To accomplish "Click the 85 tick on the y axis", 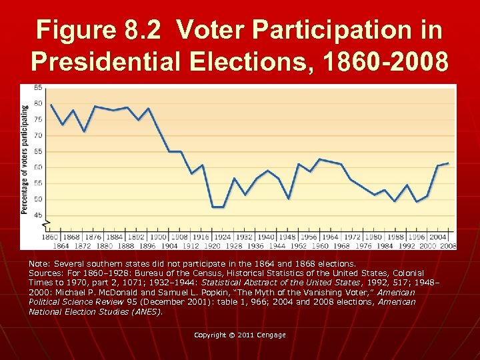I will point(38,87).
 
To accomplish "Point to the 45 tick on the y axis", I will point(38,215).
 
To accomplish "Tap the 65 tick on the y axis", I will point(38,151).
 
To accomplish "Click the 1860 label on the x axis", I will point(51,237).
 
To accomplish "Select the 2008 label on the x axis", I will point(448,245).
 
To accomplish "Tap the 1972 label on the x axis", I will point(352,237).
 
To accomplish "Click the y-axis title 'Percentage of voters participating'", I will point(25,158).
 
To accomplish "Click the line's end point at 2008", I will point(448,163).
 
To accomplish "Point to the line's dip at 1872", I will point(85,131).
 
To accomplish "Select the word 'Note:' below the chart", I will point(40,264).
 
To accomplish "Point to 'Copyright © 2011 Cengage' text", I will point(240,335).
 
